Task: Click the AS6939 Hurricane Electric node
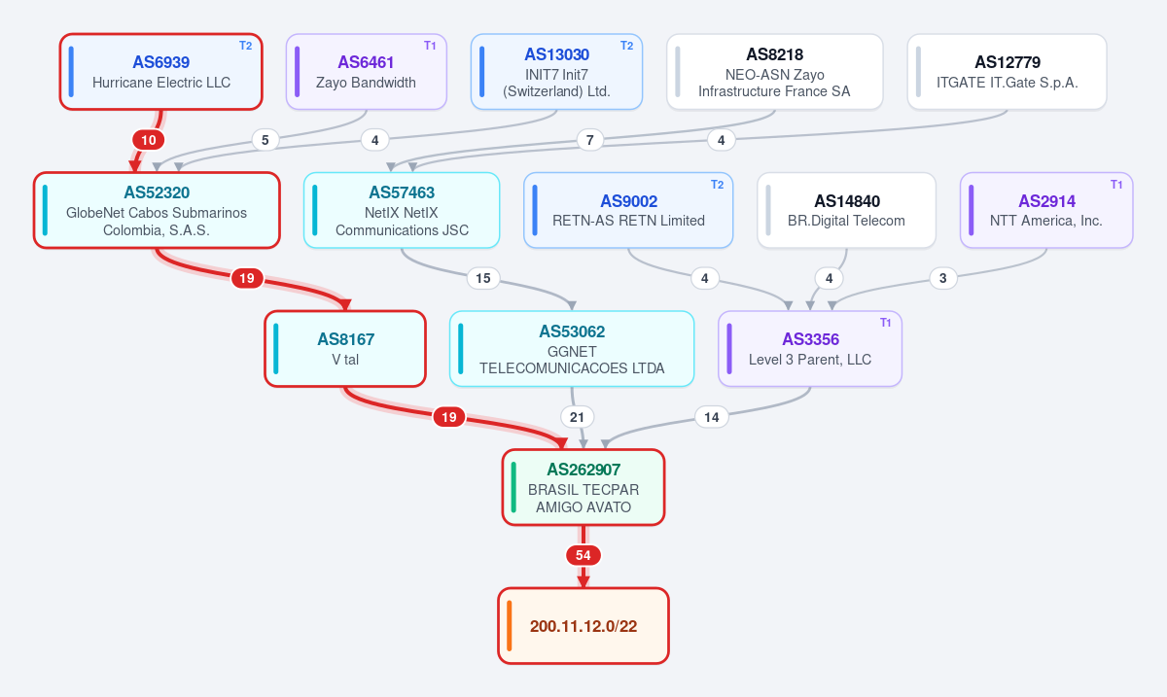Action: (161, 72)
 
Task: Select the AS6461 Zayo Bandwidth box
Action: (367, 72)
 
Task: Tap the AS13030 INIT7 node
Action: (556, 72)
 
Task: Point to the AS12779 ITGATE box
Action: (1008, 72)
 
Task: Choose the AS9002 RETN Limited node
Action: (628, 210)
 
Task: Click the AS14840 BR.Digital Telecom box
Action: (847, 210)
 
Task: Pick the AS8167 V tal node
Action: (345, 349)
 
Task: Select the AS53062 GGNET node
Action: (572, 349)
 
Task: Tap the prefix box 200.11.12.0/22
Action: (583, 626)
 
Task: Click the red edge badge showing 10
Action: (149, 140)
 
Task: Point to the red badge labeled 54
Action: (583, 555)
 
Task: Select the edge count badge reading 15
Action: (483, 278)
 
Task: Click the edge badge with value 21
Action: (577, 417)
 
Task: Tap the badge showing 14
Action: (712, 417)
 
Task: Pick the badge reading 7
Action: (589, 140)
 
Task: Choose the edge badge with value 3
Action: (943, 278)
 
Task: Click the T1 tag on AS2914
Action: (1116, 185)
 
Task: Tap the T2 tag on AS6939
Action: (246, 46)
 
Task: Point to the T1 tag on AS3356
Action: (886, 323)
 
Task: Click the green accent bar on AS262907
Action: (513, 488)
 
